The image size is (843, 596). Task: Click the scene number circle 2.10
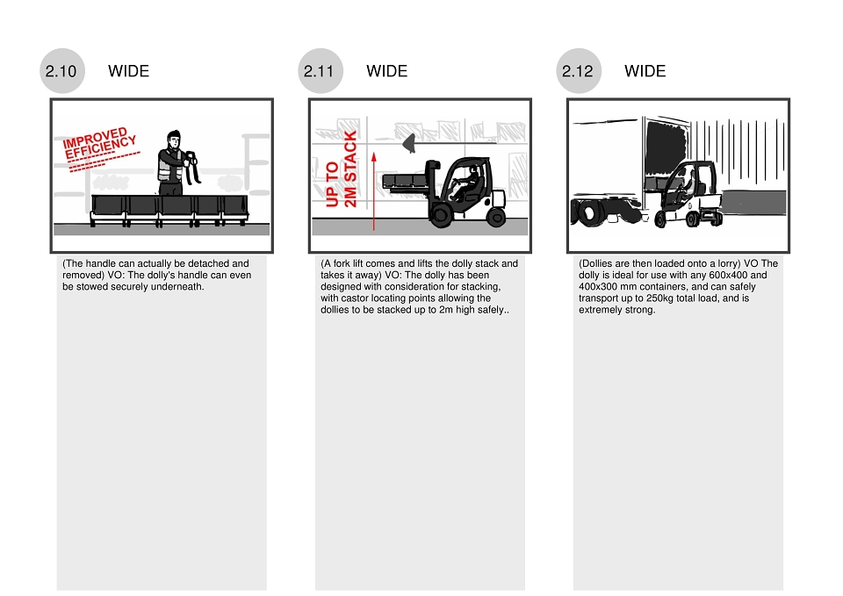click(62, 71)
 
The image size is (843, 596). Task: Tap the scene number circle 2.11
click(321, 71)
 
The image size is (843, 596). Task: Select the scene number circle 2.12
click(579, 71)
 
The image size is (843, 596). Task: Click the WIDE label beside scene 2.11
click(386, 71)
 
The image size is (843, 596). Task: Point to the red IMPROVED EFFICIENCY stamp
click(99, 147)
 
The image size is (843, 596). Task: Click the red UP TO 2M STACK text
click(341, 169)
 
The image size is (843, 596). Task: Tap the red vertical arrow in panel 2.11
click(374, 191)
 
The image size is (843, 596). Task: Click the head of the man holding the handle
click(173, 140)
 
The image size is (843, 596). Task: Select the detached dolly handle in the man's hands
click(192, 167)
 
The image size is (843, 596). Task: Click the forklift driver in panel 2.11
click(466, 183)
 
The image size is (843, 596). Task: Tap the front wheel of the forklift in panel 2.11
click(440, 215)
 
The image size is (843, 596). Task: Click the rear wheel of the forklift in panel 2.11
click(495, 217)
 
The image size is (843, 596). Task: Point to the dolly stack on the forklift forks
click(404, 181)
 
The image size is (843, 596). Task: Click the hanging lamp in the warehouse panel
click(409, 143)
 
